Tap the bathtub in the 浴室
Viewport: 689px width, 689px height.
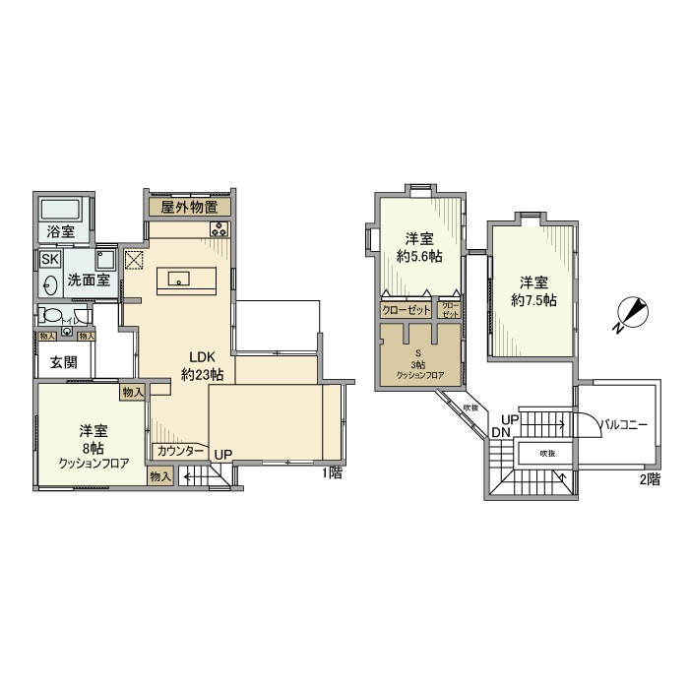[62, 209]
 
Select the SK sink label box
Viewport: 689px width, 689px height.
[49, 259]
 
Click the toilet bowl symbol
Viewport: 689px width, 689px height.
[48, 317]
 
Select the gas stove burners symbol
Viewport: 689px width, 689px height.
[219, 230]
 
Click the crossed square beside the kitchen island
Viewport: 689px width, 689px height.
[134, 262]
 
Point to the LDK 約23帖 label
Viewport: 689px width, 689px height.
[202, 365]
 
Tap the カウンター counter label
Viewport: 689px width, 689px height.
[181, 452]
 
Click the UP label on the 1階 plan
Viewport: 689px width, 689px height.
[223, 455]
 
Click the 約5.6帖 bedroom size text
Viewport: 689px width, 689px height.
[419, 256]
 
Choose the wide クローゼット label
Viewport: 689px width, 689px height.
[407, 309]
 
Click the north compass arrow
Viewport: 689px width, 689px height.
[630, 315]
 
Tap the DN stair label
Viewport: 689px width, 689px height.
[501, 433]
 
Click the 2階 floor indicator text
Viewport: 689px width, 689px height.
[650, 480]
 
